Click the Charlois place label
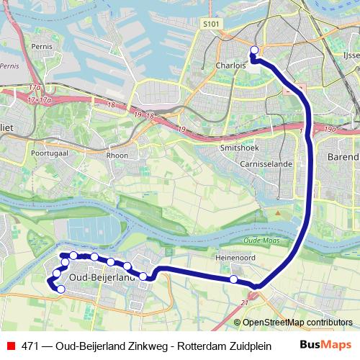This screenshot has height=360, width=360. click(230, 65)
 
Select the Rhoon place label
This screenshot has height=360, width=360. click(116, 155)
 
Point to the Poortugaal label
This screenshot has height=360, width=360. click(49, 153)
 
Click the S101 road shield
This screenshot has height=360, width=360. click(210, 24)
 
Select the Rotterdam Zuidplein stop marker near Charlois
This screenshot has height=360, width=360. click(253, 50)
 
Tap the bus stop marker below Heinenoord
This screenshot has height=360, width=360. click(233, 279)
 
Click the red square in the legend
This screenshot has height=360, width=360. click(10, 345)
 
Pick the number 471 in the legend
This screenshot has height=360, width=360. click(30, 345)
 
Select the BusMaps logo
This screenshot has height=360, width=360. click(325, 344)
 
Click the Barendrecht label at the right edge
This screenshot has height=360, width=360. click(343, 156)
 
